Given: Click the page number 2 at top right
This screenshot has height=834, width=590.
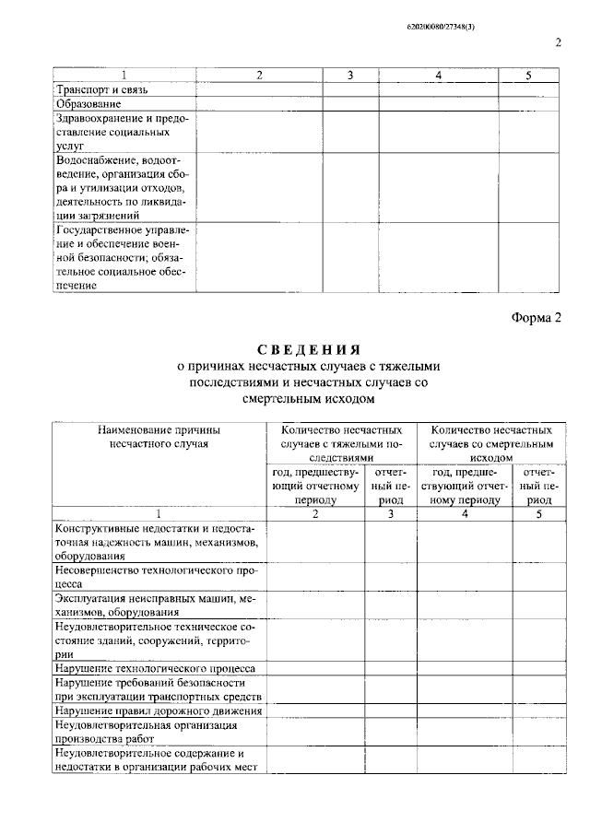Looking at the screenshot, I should coord(559,42).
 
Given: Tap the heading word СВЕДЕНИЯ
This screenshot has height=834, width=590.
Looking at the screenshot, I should coord(306,349).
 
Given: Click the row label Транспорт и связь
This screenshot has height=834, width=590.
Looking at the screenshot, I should coord(101,89).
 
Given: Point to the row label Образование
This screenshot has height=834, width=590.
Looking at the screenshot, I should coord(88,104).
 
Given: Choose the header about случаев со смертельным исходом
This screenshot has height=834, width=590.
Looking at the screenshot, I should coord(491,442).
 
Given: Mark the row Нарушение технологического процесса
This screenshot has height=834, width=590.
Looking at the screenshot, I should coord(155,667).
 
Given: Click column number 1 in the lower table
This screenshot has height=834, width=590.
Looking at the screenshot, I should coord(159,513).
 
